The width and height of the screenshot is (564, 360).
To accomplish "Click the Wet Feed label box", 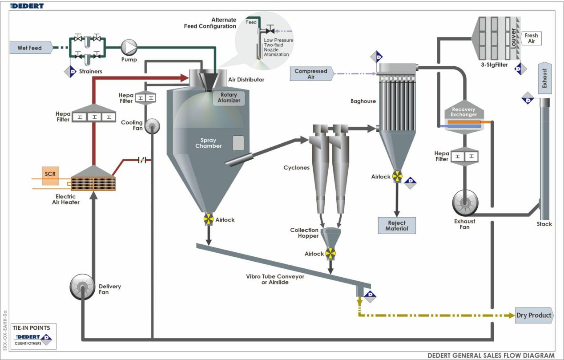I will coord(30,48).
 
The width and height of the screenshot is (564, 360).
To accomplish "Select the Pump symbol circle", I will coord(130,46).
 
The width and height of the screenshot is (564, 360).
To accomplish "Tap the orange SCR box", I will coord(50,174).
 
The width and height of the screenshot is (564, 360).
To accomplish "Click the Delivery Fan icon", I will coord(83,286).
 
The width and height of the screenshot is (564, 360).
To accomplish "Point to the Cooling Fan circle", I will coord(152,126).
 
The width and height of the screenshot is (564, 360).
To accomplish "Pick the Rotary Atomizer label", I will coord(229,98).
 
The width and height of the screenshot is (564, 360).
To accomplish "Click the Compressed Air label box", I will coord(311,74).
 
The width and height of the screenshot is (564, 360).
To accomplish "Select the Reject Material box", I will coord(397,226).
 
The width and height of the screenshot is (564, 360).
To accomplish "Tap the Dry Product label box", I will coord(534,316).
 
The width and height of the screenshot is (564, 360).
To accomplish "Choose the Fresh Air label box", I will coord(532,38).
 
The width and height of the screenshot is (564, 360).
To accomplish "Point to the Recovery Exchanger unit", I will coord(464,118).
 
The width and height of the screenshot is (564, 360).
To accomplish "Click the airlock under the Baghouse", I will coord(397,176).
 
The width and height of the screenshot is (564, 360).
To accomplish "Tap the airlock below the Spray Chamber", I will coord(208,219).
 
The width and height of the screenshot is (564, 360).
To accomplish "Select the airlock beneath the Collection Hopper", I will coord(330,254).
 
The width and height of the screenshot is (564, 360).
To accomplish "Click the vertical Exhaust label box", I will coord(545,78).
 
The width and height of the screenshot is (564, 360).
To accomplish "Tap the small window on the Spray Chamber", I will coord(239,143).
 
